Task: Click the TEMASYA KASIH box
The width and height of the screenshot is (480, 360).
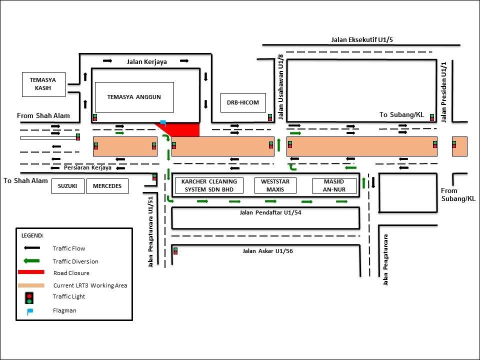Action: pyautogui.click(x=44, y=84)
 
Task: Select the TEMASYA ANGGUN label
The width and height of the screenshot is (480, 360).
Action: pyautogui.click(x=134, y=97)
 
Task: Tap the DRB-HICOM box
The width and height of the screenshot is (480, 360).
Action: pyautogui.click(x=243, y=102)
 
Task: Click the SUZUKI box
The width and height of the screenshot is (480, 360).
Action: pyautogui.click(x=67, y=186)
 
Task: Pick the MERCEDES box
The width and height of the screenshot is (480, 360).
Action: pyautogui.click(x=107, y=186)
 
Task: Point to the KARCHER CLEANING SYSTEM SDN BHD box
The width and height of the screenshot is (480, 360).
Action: pyautogui.click(x=209, y=185)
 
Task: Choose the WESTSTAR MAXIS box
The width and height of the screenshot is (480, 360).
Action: pyautogui.click(x=275, y=185)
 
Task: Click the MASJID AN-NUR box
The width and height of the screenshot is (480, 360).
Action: pyautogui.click(x=334, y=185)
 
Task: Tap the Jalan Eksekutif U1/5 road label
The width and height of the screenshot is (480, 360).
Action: pyautogui.click(x=362, y=40)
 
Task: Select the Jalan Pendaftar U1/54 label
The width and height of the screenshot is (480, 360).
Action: pyautogui.click(x=270, y=212)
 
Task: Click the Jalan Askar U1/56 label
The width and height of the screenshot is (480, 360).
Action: pyautogui.click(x=267, y=251)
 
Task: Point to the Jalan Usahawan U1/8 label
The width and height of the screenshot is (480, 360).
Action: pyautogui.click(x=281, y=87)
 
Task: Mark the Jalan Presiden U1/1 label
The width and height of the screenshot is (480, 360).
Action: pyautogui.click(x=444, y=92)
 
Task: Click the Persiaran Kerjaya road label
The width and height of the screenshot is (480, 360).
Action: pyautogui.click(x=87, y=168)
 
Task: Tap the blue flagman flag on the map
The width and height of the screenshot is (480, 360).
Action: pyautogui.click(x=163, y=122)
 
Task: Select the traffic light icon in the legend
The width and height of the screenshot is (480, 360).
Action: pyautogui.click(x=29, y=297)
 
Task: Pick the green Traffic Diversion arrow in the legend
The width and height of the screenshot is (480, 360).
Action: pyautogui.click(x=31, y=261)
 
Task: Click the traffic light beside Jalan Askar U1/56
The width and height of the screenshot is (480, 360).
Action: pyautogui.click(x=175, y=251)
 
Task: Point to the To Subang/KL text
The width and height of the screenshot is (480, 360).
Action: pyautogui.click(x=401, y=115)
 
